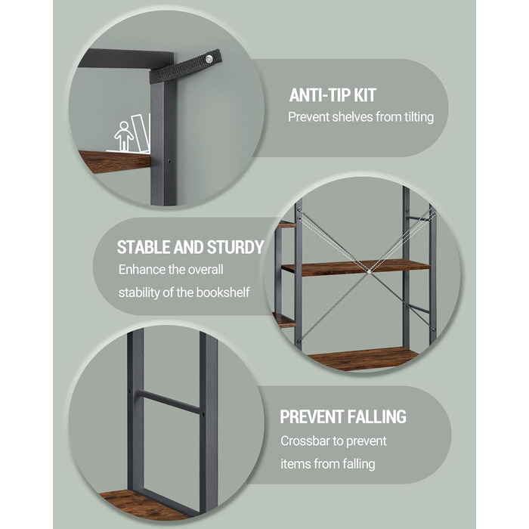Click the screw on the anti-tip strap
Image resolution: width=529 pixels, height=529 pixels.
coord(209,60)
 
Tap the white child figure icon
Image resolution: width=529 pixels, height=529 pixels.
coord(123,135)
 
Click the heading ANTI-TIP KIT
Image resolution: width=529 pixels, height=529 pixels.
coord(333,95)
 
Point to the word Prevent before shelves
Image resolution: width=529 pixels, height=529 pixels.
coord(308,117)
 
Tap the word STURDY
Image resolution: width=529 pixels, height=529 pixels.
coord(235,247)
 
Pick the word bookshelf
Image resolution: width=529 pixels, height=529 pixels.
coord(223,292)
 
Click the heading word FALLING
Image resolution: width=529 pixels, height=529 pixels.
coord(376,416)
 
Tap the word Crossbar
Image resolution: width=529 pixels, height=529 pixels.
coord(305,441)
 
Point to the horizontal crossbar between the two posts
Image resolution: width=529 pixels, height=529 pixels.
coord(169,401)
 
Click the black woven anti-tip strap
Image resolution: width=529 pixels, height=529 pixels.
coord(185,67)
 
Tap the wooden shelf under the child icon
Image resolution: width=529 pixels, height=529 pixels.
coord(114,161)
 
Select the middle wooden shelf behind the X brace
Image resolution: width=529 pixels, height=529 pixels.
coord(356,268)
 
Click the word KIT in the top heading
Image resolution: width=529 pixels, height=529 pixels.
coord(365,95)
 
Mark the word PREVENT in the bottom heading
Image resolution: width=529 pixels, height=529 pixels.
coord(311,416)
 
